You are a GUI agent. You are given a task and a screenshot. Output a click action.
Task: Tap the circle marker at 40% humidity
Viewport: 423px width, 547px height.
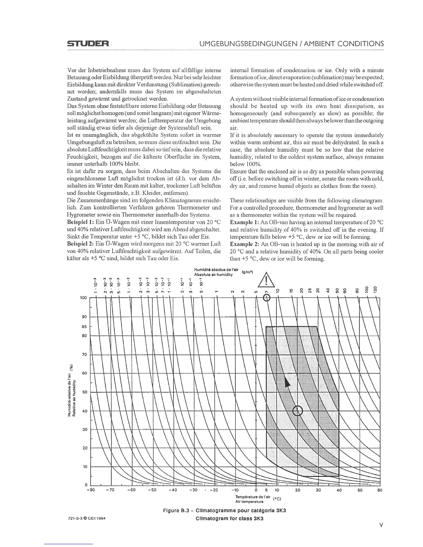298,411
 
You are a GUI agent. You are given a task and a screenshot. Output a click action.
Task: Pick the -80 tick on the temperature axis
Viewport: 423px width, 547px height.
91,490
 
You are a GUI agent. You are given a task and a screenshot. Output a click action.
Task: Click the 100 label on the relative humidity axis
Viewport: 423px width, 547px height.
83,298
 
